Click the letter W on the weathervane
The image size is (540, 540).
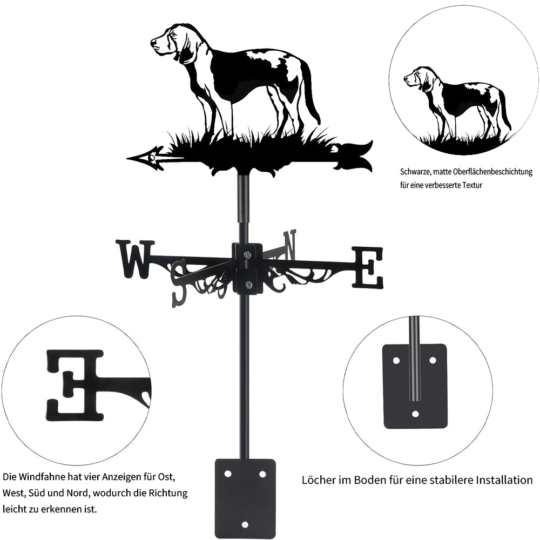pos(135,259)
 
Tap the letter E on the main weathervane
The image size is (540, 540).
pos(367,268)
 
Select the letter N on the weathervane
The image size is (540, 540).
pos(289,245)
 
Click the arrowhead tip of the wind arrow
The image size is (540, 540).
pos(127,158)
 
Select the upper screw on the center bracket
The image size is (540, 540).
pos(247,255)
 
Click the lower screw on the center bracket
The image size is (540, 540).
pos(248,285)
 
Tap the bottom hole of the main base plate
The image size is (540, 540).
pos(245,524)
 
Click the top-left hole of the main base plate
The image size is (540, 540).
pos(228,474)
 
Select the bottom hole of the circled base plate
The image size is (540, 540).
pos(416,414)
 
